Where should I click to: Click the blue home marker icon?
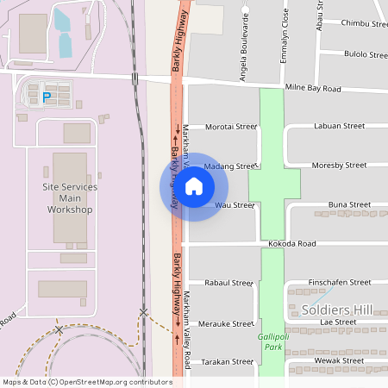tap(194, 185)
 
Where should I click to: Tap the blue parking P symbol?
tap(47, 97)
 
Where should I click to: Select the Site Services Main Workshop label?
tap(70, 198)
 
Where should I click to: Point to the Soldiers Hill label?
tap(336, 310)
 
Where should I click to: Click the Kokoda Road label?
tap(292, 244)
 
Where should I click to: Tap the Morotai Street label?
tap(230, 127)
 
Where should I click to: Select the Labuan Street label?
tap(340, 126)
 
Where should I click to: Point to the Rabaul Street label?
tap(228, 282)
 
